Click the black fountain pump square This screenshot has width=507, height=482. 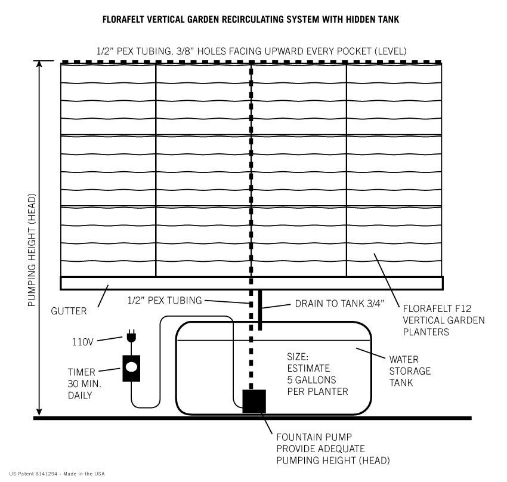(x=254, y=401)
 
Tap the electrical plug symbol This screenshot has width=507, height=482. (x=131, y=336)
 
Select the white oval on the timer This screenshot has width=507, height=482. (x=131, y=367)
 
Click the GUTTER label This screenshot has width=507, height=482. (x=69, y=311)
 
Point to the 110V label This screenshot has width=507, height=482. (x=82, y=342)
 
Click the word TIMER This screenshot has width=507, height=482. (x=82, y=372)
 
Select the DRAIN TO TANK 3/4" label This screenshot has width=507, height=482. (x=339, y=304)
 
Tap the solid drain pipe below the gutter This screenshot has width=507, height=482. (x=260, y=310)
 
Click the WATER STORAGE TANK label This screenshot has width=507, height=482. (x=410, y=371)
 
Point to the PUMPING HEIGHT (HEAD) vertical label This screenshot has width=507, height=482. (x=32, y=250)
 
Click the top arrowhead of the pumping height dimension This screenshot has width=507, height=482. (x=39, y=63)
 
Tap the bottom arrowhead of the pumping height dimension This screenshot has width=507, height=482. (x=39, y=412)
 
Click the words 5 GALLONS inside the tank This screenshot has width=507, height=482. (x=311, y=380)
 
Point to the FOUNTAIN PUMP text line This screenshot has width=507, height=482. (x=314, y=437)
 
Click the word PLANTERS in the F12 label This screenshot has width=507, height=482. (x=426, y=332)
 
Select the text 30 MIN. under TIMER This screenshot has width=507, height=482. (x=84, y=384)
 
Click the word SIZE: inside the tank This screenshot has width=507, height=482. (x=298, y=357)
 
